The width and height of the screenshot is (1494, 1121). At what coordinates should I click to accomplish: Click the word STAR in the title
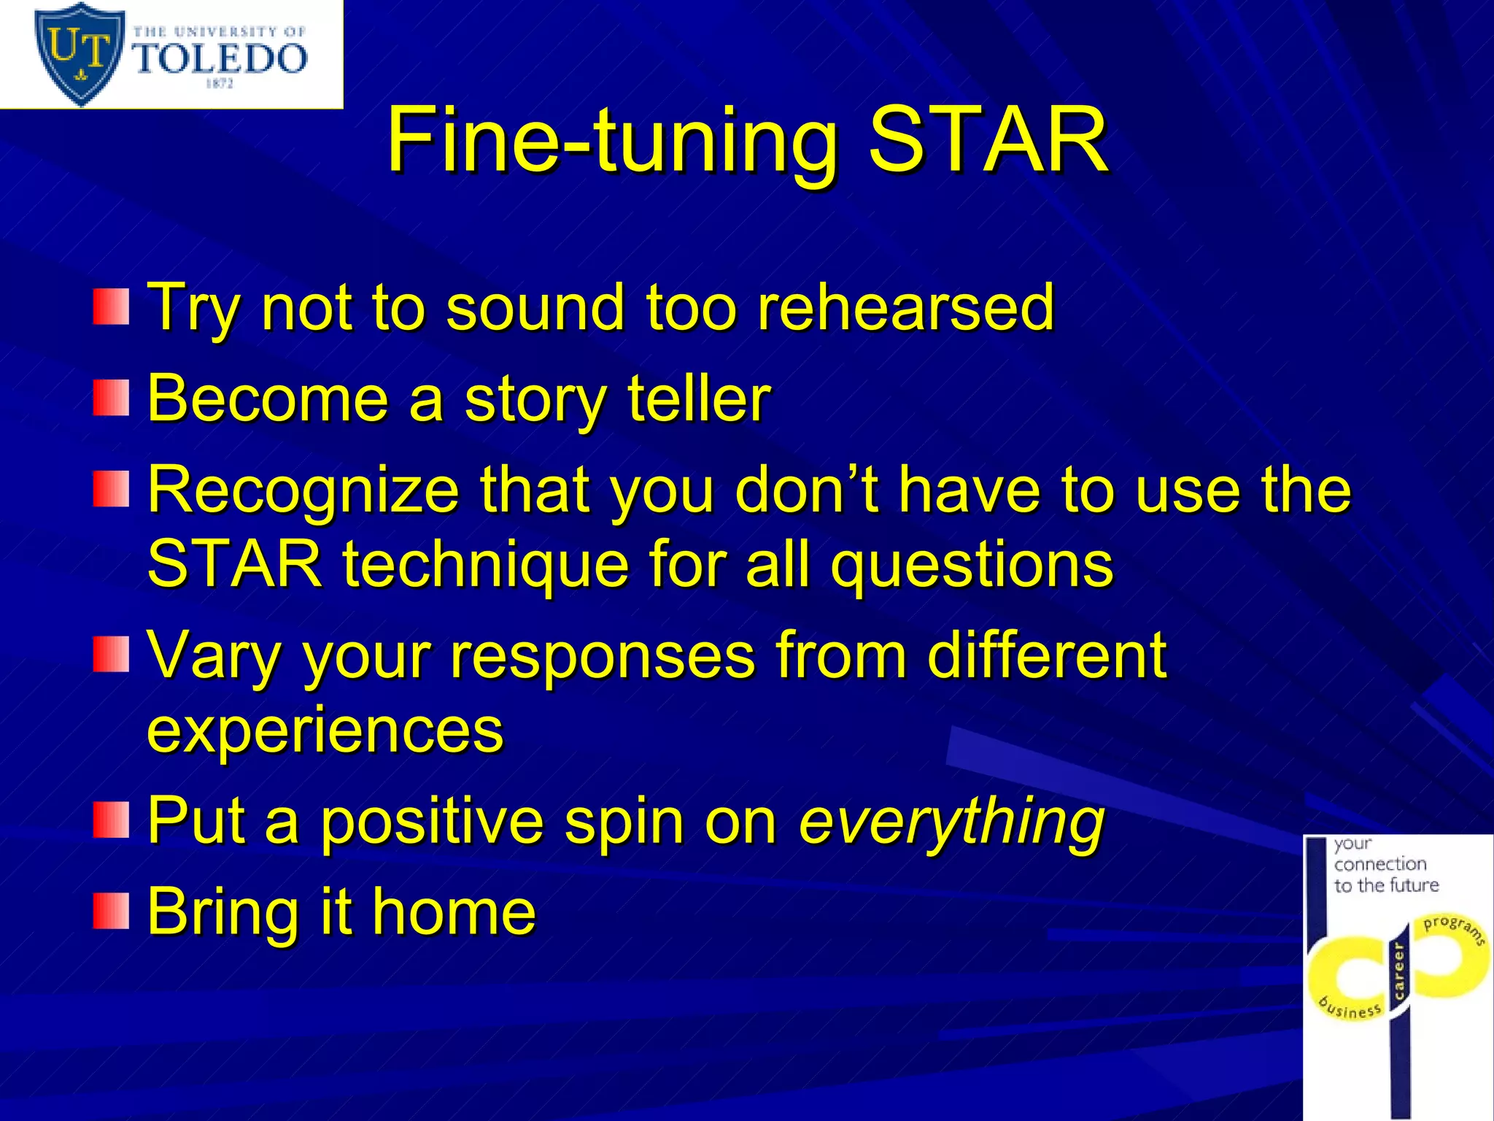(988, 140)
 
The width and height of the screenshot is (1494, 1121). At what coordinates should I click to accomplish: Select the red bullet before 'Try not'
(111, 307)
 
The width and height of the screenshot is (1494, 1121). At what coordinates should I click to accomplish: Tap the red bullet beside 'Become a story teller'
(111, 398)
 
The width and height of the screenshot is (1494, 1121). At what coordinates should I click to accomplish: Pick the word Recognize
(303, 490)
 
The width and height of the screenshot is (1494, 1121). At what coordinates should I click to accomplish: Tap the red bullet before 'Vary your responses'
(111, 654)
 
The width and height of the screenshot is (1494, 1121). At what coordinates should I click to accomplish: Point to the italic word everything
(951, 820)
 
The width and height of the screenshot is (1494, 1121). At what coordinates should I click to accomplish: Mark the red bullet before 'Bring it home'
(111, 911)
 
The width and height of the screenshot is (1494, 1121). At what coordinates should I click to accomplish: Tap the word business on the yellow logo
(1350, 1007)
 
